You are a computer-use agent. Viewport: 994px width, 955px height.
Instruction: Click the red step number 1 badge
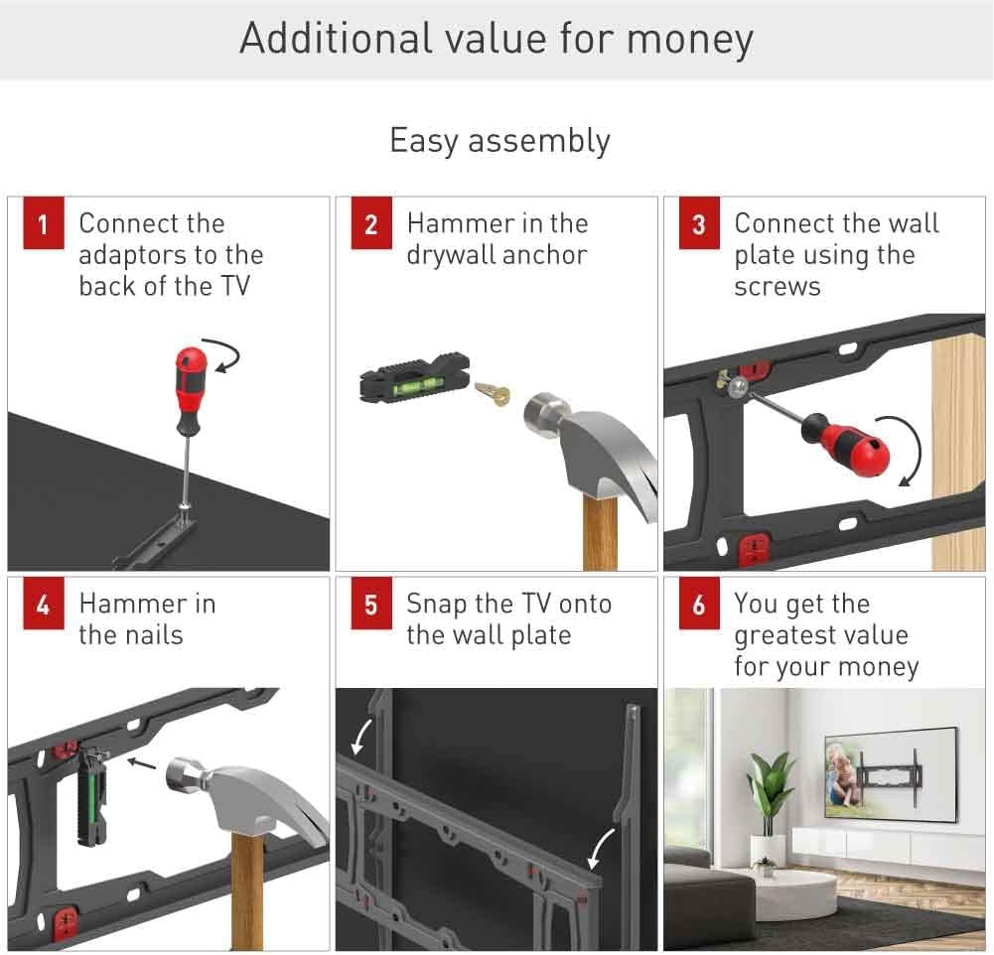pos(43,223)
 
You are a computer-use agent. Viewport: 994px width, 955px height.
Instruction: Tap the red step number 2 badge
pos(371,223)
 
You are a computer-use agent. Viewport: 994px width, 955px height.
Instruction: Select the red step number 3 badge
pos(699,223)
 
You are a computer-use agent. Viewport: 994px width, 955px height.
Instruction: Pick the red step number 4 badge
pos(43,604)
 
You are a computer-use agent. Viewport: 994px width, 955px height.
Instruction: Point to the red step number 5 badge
pos(371,604)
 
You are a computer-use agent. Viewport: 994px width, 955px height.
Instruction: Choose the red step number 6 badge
pos(699,604)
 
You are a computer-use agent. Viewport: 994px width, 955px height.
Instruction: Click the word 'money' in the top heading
pos(690,40)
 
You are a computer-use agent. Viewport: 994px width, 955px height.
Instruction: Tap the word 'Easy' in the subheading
pos(423,141)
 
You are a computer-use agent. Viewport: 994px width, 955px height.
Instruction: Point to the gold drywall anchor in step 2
pos(494,392)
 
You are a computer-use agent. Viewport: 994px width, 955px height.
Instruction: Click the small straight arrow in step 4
pos(141,763)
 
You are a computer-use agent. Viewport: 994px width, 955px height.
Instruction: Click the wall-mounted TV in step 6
pos(891,775)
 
